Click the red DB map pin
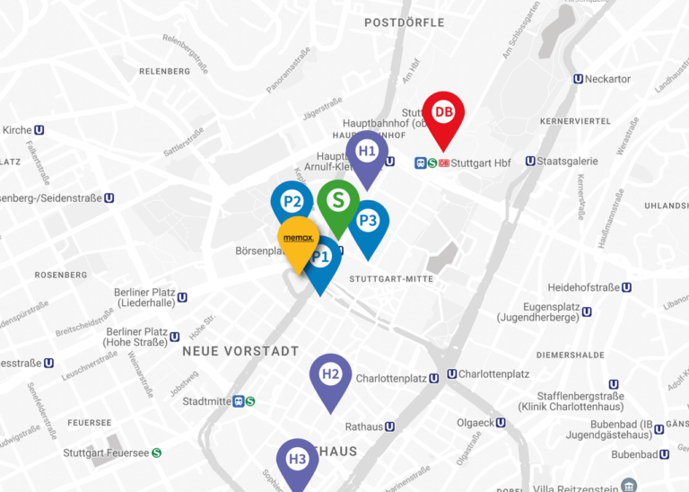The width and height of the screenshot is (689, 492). point(444,113)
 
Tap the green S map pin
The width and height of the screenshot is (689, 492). point(338,199)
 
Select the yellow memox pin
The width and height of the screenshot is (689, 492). point(296,238)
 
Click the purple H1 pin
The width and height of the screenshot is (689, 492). point(367,152)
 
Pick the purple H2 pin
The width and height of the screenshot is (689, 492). point(330,374)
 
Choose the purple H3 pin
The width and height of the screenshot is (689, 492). point(298,460)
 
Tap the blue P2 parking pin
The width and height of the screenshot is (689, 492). point(292,201)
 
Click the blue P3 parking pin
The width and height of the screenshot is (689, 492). point(368,221)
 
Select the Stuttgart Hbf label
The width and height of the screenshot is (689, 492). point(481,163)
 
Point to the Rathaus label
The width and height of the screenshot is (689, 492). point(363,426)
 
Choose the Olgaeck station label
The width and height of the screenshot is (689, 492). point(475,422)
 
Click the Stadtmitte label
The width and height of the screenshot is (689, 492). point(206,401)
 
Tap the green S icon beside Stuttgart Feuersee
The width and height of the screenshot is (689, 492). point(157,453)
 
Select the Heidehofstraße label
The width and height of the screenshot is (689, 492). point(584,287)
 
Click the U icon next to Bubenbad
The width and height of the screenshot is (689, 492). point(665,454)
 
